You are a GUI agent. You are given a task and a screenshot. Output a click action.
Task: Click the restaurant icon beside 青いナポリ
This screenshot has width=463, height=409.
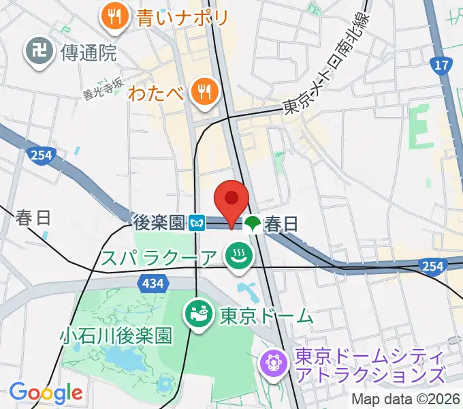[x=115, y=16]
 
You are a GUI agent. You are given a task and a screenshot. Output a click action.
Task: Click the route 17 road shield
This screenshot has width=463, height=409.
[x=441, y=66]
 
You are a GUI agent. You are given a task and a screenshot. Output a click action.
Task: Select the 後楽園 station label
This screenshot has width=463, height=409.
[x=159, y=222]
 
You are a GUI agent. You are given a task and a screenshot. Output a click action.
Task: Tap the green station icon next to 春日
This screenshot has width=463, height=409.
[x=253, y=222]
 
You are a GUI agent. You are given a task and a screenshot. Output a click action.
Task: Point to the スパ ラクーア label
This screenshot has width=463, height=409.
[x=159, y=257]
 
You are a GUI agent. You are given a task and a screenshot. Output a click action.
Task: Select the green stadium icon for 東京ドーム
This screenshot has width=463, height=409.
[x=199, y=316]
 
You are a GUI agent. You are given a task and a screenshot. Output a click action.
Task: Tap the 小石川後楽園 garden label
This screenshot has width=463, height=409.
[x=116, y=335]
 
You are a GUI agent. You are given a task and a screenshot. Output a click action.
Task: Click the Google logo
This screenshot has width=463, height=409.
[x=46, y=392]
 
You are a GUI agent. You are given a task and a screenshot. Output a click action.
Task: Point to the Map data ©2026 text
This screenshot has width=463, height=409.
[x=404, y=399]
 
